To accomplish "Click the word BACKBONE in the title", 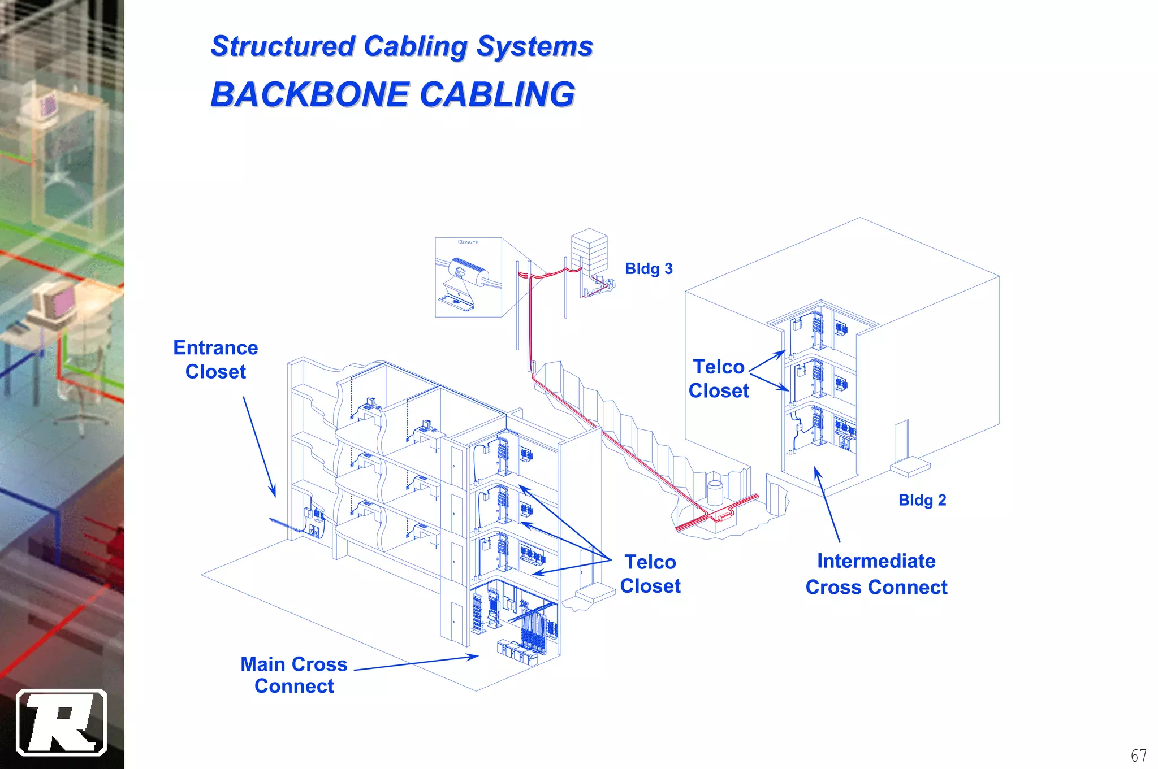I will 310,94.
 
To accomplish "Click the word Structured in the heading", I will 283,46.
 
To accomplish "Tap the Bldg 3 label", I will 649,269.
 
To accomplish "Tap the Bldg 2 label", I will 922,500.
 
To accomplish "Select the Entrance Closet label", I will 215,359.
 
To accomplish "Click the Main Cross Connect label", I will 294,675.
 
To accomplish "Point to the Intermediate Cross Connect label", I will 876,574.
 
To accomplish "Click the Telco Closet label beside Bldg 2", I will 718,379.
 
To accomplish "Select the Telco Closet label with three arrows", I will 650,574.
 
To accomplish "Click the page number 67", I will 1138,755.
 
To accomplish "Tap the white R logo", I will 61,722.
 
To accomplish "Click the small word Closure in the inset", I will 468,242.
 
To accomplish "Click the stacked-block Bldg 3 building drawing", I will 589,251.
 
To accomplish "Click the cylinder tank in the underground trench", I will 715,492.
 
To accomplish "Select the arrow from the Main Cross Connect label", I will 416,663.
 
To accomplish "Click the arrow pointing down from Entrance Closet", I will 260,446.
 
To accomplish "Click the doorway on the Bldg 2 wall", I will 901,441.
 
